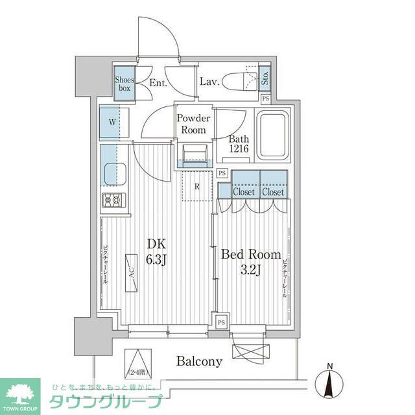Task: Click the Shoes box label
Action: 124,84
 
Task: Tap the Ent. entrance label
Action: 158,83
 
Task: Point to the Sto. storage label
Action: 266,79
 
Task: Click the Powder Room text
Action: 194,124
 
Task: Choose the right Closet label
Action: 273,193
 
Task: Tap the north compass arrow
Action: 330,383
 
